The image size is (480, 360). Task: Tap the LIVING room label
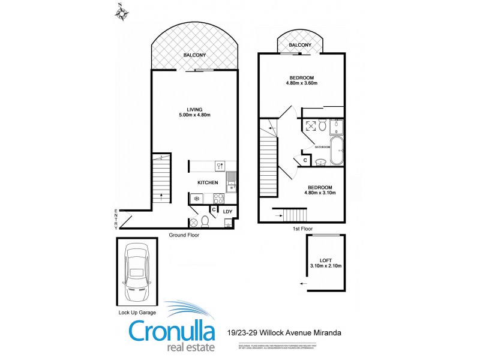[x=194, y=109]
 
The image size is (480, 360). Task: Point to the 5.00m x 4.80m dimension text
[x=194, y=115]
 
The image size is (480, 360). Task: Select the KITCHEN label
[x=208, y=182]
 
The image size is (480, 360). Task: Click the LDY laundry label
[x=227, y=211]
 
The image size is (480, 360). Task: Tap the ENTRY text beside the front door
[x=116, y=219]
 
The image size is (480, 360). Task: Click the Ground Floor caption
[x=184, y=235]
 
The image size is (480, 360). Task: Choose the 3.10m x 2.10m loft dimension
[x=326, y=265]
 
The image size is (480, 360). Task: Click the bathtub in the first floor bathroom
[x=336, y=151]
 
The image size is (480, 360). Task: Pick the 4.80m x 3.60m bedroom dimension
[x=301, y=83]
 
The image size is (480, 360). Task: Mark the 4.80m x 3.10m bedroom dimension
[x=320, y=193]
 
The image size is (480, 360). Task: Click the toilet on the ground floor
[x=205, y=221]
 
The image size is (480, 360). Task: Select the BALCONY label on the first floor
[x=300, y=45]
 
